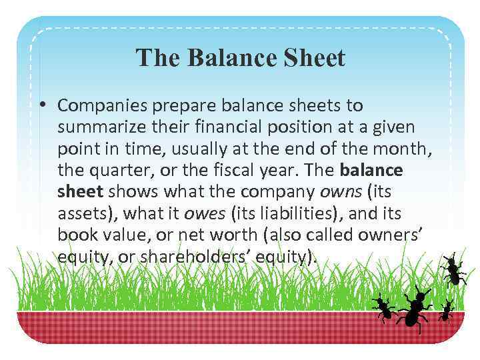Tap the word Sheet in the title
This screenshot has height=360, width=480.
312,59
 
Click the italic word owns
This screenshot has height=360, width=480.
341,191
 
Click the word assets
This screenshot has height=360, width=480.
79,213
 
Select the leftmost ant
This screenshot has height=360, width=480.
383,307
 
